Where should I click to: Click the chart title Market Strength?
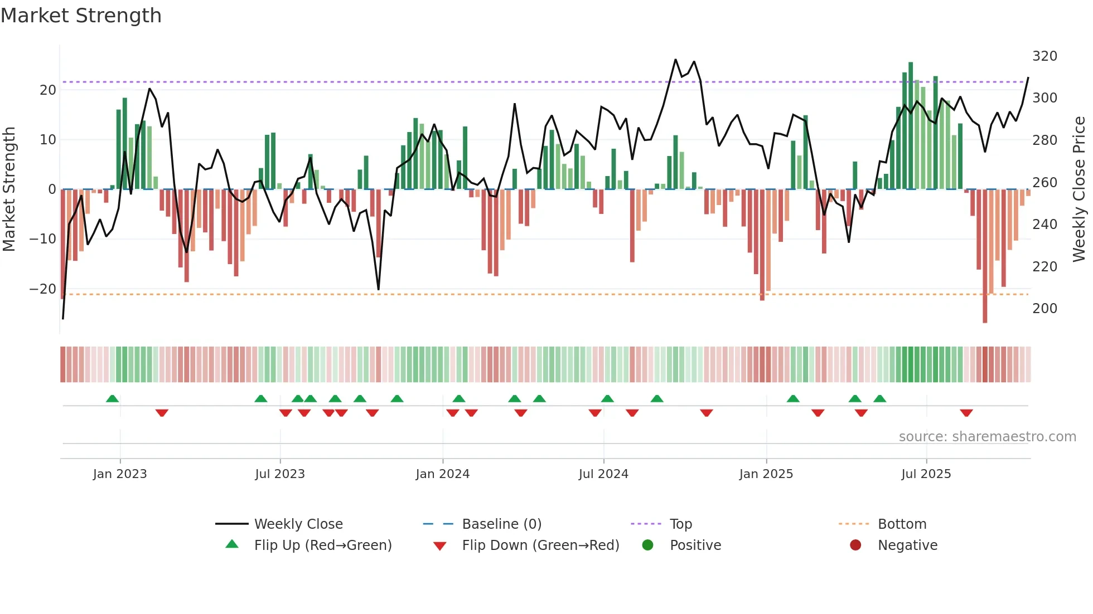(x=81, y=16)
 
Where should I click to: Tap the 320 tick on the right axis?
(x=1044, y=56)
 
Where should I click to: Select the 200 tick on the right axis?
(x=1044, y=309)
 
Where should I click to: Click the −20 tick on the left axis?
(x=43, y=289)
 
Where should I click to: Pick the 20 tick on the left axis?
(x=48, y=90)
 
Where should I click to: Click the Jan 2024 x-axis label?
(x=443, y=474)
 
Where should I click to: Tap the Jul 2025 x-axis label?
(x=926, y=474)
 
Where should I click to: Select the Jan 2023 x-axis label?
(x=120, y=474)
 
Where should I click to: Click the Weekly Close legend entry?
(x=298, y=524)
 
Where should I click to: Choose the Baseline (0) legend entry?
(x=501, y=524)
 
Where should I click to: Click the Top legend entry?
(x=680, y=524)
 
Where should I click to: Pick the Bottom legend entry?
(x=902, y=524)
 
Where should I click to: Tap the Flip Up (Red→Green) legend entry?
(x=322, y=545)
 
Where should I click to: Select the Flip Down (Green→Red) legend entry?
(x=540, y=545)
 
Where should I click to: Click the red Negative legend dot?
(x=855, y=545)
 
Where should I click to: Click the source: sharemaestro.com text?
(x=987, y=437)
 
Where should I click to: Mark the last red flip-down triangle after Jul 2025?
(x=966, y=413)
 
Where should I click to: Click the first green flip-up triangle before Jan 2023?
(x=112, y=399)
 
